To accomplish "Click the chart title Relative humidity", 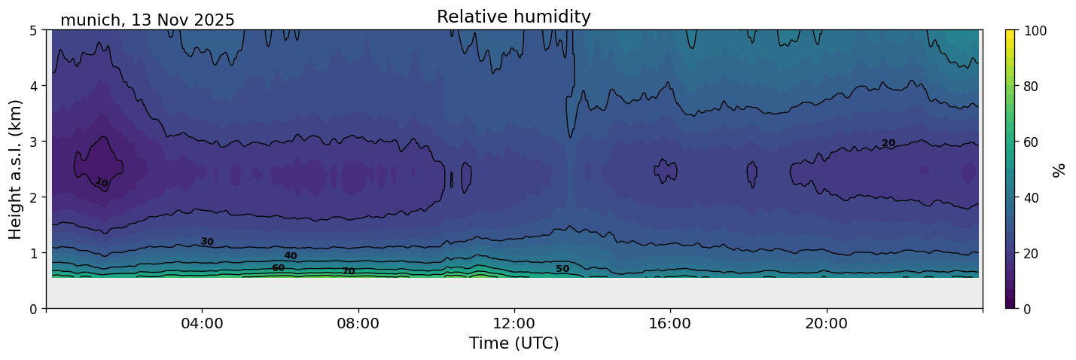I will coord(514,17).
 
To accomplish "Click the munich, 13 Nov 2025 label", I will coord(148,20).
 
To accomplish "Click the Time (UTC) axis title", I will coord(514,343).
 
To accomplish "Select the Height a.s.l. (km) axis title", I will coord(16,169).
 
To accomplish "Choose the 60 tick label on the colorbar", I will coord(1032,142).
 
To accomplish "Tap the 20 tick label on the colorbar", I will coord(1032,253).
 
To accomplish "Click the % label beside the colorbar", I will coord(1059,169).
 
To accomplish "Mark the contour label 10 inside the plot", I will coord(102,182).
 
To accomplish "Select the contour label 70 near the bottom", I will coord(349,271).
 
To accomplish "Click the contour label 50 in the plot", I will coord(562,269).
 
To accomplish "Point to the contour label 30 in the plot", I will coord(207,242).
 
